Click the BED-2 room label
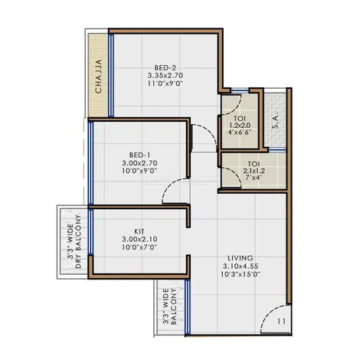(165, 68)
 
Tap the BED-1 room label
(139, 155)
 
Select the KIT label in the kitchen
(139, 231)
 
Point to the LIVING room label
(241, 258)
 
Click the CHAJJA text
(98, 76)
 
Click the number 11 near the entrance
(281, 321)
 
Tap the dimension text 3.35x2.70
(165, 76)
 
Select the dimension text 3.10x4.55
(241, 266)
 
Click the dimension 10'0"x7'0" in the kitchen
(139, 247)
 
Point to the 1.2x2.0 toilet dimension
(240, 126)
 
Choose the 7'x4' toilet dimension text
(254, 177)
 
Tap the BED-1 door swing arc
(169, 186)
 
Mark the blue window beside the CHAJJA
(111, 75)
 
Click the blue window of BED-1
(90, 163)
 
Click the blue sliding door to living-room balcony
(188, 306)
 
